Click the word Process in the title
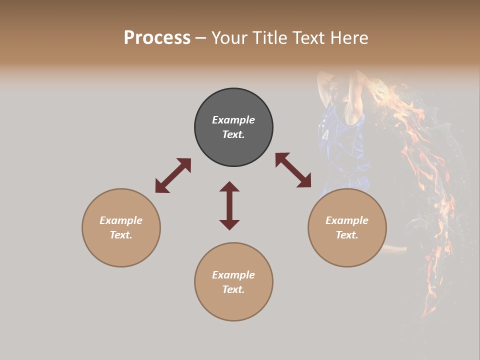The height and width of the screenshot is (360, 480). point(157,38)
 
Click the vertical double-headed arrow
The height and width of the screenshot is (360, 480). point(229,205)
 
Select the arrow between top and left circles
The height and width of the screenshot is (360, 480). point(173,175)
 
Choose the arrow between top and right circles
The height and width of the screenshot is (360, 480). point(293,170)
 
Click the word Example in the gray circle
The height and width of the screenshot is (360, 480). point(233,120)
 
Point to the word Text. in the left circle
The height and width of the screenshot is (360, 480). point(121,235)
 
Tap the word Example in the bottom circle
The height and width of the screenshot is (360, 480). point(233,275)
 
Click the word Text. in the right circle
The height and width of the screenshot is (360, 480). point(347,235)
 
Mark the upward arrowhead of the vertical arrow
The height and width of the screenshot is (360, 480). point(229,186)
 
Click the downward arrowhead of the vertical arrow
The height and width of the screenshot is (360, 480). point(229,224)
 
